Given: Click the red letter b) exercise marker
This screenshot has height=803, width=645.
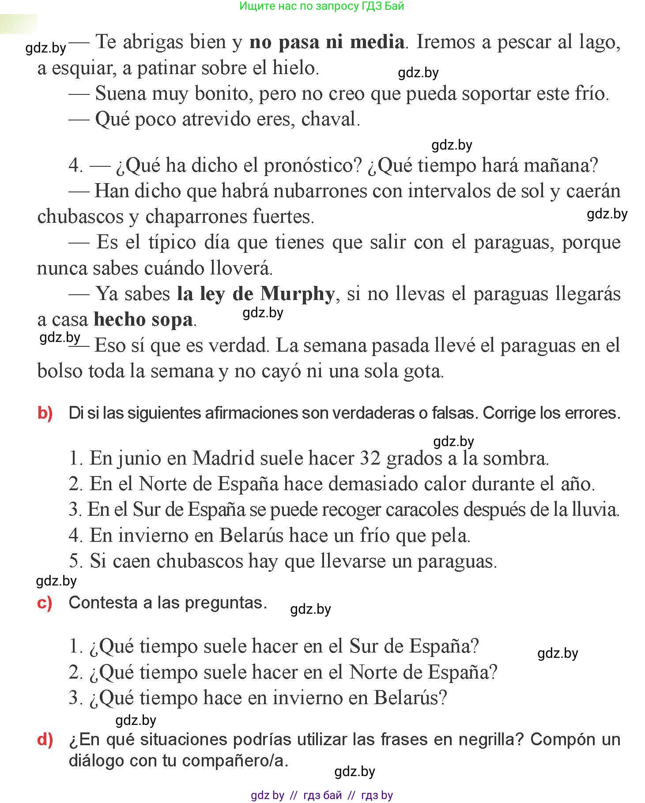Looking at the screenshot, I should point(45,413).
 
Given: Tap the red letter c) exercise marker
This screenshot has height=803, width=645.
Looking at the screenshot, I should point(45,603).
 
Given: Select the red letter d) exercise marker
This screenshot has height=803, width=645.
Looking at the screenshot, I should point(45,739).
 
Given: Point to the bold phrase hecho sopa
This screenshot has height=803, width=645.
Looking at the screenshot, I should point(143,320).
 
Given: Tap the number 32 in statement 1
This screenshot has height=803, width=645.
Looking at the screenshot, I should point(370,458).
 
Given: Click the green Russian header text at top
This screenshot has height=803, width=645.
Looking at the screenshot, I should point(322,6).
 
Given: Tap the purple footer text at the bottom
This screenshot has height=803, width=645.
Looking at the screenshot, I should point(322,795).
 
